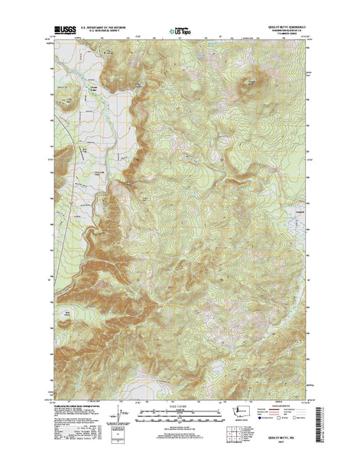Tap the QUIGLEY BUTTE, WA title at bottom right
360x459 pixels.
tap(289, 437)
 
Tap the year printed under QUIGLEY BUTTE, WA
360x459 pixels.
tap(289, 443)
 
